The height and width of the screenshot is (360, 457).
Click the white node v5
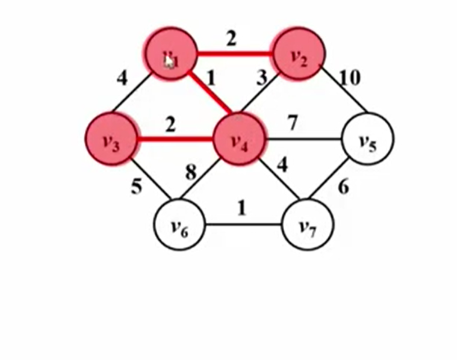tap(368, 140)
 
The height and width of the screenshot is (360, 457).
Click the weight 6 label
tap(343, 187)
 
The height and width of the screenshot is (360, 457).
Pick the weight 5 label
tap(137, 187)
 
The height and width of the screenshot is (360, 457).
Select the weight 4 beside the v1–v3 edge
tap(123, 78)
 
